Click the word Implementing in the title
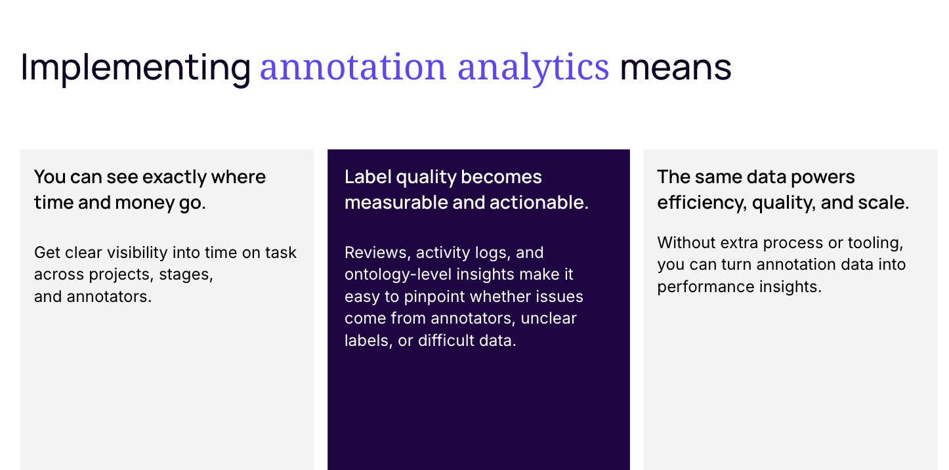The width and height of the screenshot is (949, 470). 135,67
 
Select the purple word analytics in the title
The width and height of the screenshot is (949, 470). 533,67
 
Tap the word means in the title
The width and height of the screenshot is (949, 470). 675,67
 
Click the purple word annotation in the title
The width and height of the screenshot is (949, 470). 353,67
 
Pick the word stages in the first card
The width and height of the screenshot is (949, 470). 186,274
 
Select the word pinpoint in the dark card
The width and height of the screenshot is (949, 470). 433,297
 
